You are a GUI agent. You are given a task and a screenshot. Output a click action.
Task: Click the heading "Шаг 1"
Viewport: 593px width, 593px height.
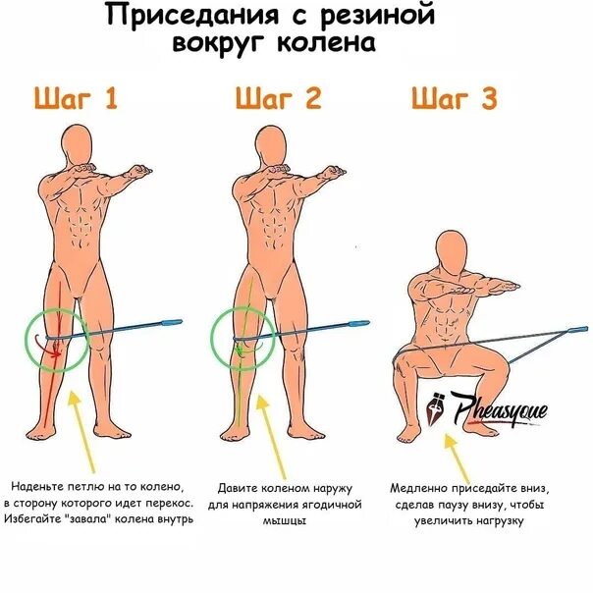77,99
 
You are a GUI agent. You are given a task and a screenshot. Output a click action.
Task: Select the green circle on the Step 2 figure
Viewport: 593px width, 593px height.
242,339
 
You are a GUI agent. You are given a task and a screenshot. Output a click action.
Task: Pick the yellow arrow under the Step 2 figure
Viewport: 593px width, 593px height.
258,427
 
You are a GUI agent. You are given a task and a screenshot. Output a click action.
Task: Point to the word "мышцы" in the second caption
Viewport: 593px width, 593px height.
285,521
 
